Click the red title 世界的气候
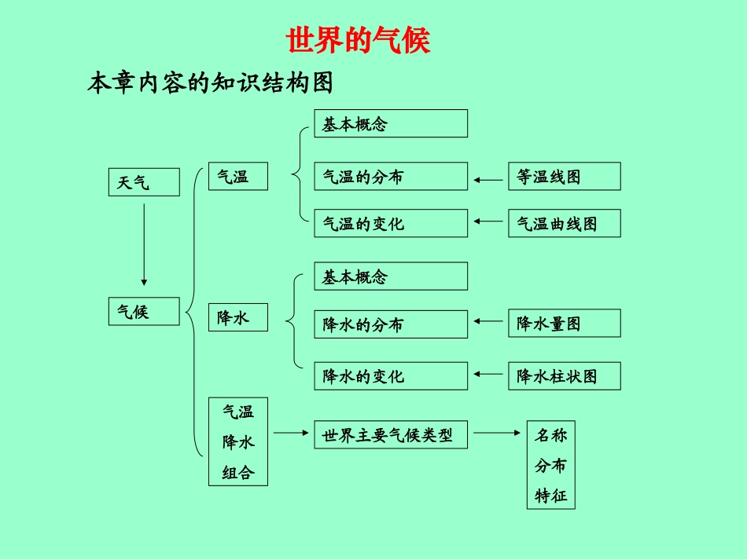(x=359, y=40)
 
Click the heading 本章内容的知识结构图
(x=210, y=82)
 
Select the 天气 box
(x=143, y=183)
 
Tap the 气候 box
(x=143, y=312)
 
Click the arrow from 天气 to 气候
(x=143, y=244)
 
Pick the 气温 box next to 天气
(x=237, y=177)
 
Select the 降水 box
(x=237, y=317)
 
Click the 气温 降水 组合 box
(x=237, y=441)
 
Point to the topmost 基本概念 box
(x=391, y=123)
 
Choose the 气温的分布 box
(x=391, y=177)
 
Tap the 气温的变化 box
(x=391, y=223)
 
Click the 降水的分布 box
(x=391, y=324)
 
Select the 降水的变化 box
(x=391, y=376)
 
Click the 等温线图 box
(x=564, y=177)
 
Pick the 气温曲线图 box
(x=564, y=223)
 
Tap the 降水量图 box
(x=564, y=324)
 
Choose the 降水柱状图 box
(x=564, y=376)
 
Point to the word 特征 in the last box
(x=550, y=496)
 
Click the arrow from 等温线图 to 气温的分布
(x=488, y=181)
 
